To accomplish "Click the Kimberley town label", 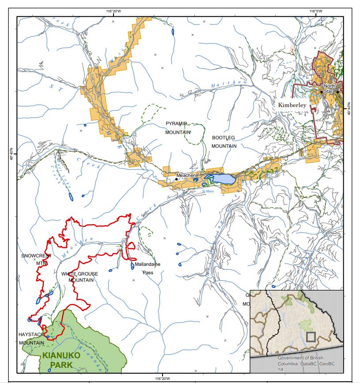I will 292,105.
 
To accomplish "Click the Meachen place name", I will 186,176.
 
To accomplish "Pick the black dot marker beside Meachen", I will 176,179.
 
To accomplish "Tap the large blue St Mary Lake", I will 224,179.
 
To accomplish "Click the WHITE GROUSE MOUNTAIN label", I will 80,277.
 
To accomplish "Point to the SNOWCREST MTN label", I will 36,259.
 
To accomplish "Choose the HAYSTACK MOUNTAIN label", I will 31,338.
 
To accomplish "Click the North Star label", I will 330,88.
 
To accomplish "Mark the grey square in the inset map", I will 311,337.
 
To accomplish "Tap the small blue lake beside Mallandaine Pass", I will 133,265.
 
